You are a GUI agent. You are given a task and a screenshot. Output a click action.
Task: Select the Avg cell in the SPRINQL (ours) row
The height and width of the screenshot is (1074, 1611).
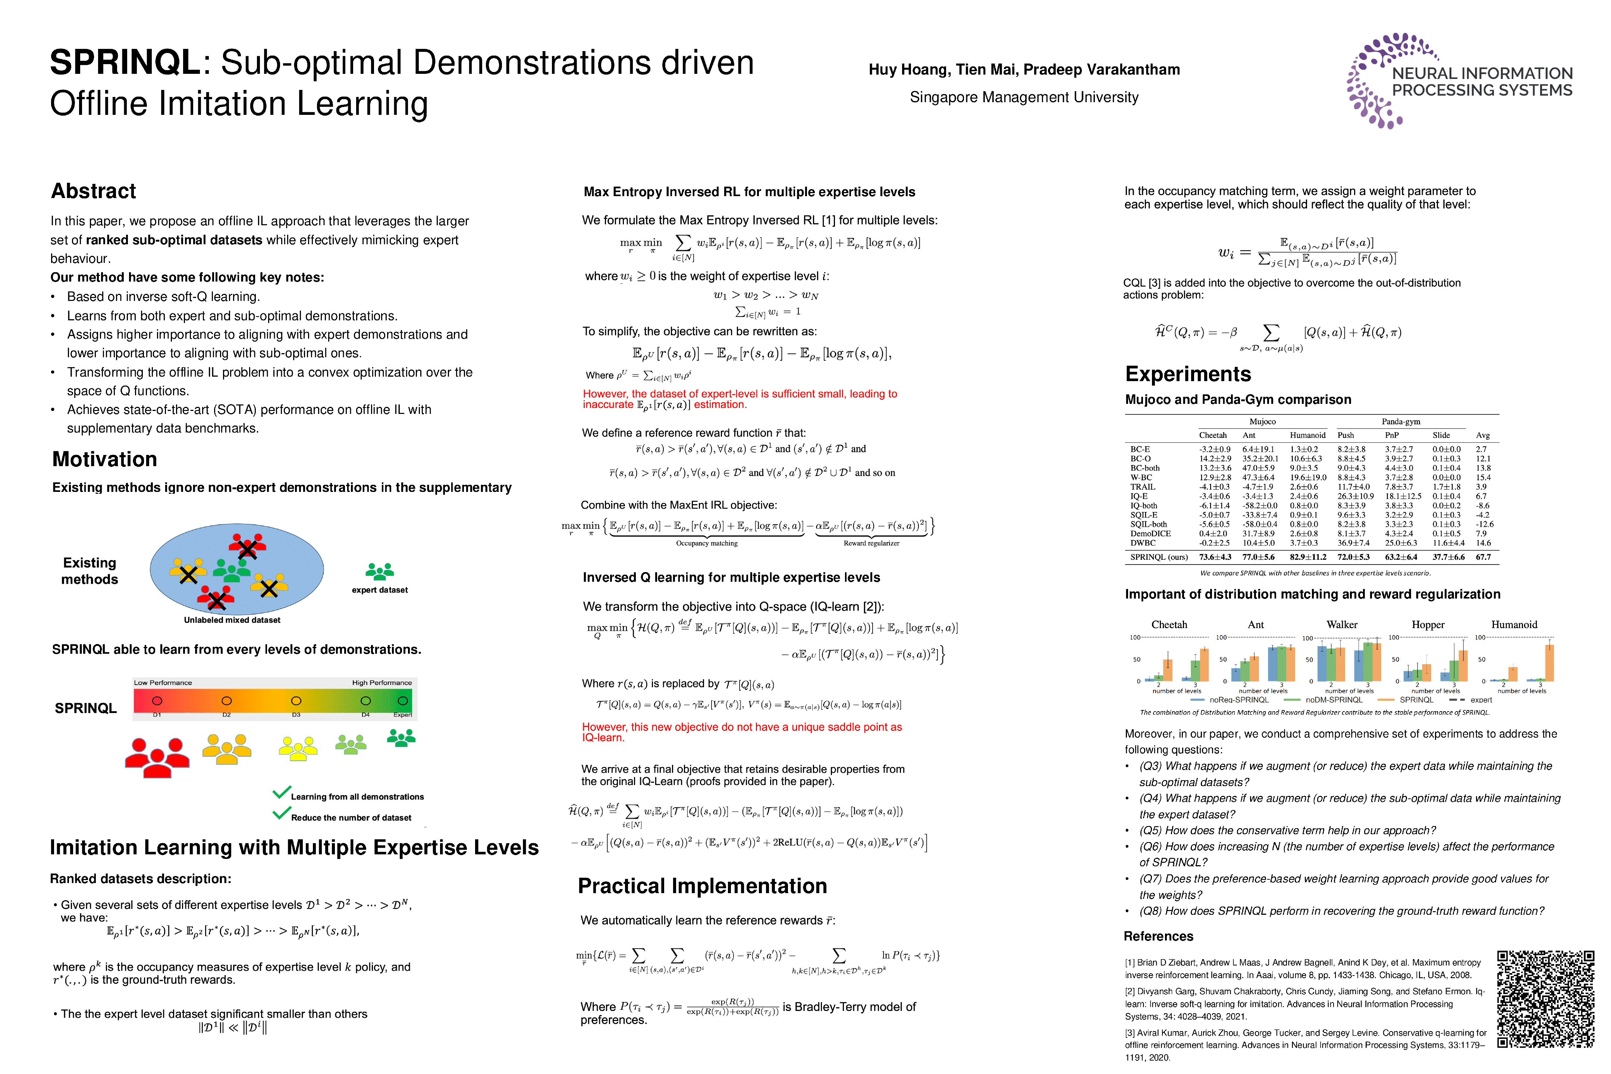click(1483, 557)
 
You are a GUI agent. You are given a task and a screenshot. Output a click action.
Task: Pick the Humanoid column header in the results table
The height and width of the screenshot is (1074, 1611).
click(1307, 435)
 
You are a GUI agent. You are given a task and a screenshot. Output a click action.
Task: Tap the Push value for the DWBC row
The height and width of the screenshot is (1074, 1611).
click(1353, 543)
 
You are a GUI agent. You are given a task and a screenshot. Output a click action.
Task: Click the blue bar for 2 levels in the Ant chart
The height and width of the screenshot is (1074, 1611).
click(1235, 674)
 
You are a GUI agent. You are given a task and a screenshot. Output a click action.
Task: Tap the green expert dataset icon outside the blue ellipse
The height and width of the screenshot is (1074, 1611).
click(380, 571)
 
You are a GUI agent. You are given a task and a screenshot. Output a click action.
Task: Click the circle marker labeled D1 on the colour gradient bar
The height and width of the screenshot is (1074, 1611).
click(157, 701)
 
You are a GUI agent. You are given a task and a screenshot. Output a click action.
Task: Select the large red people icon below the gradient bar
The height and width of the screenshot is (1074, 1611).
click(157, 757)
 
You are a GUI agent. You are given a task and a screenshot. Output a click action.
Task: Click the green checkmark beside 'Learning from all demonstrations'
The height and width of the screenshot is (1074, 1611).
click(282, 793)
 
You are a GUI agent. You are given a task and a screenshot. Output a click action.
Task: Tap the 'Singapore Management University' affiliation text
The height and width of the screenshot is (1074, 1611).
click(1023, 97)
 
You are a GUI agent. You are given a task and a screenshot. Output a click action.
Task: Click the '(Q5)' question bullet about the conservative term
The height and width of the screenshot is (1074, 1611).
click(1288, 830)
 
